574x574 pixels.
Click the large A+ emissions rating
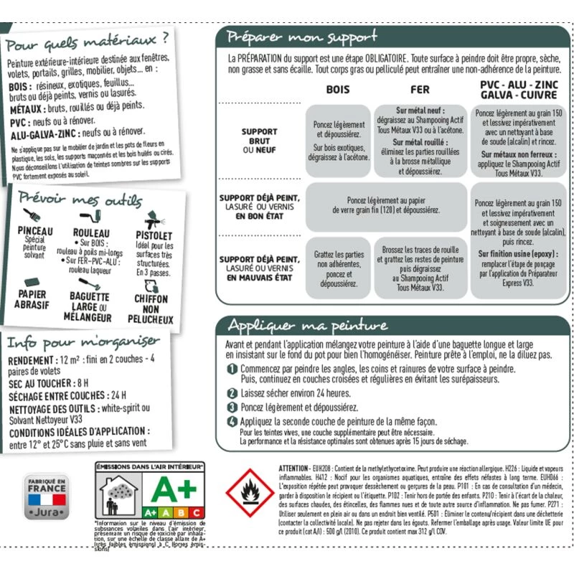click(x=179, y=490)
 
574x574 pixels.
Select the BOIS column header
click(x=338, y=90)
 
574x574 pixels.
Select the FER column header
click(x=420, y=90)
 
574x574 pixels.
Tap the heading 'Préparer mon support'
click(x=301, y=37)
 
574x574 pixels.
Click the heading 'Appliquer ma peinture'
click(x=307, y=326)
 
